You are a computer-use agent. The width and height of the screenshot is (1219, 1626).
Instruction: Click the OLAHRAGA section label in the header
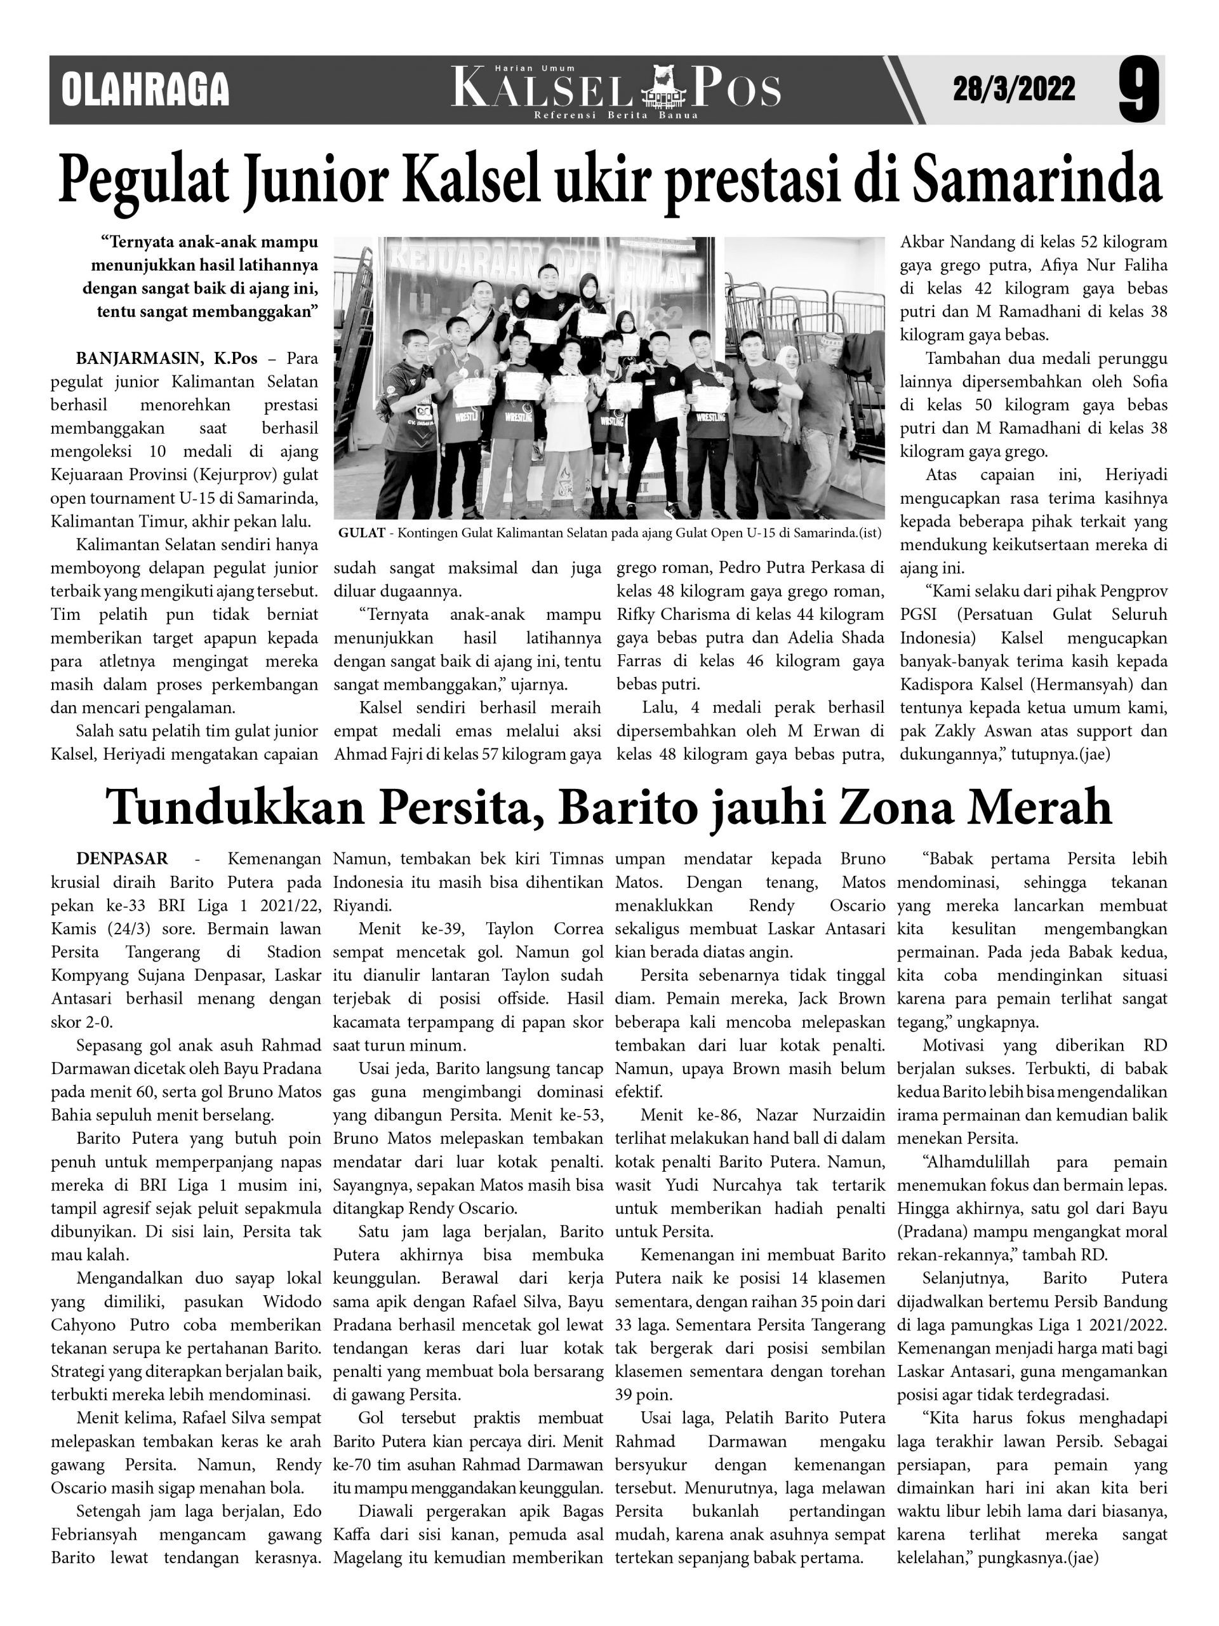pyautogui.click(x=145, y=90)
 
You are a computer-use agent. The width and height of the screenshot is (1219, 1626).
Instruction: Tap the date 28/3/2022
pyautogui.click(x=1014, y=89)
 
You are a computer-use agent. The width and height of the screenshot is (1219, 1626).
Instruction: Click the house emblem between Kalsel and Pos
pyautogui.click(x=663, y=88)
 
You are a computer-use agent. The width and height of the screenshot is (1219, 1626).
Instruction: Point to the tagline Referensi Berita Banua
pyautogui.click(x=616, y=116)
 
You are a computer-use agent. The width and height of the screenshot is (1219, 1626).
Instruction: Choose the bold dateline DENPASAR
pyautogui.click(x=122, y=859)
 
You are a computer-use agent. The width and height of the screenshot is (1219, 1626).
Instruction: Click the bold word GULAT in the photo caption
pyautogui.click(x=361, y=533)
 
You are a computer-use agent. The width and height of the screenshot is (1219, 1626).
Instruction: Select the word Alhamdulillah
pyautogui.click(x=967, y=1162)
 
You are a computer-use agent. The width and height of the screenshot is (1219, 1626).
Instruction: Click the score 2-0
pyautogui.click(x=93, y=1022)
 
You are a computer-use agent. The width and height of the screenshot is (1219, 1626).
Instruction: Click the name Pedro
pyautogui.click(x=739, y=568)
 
